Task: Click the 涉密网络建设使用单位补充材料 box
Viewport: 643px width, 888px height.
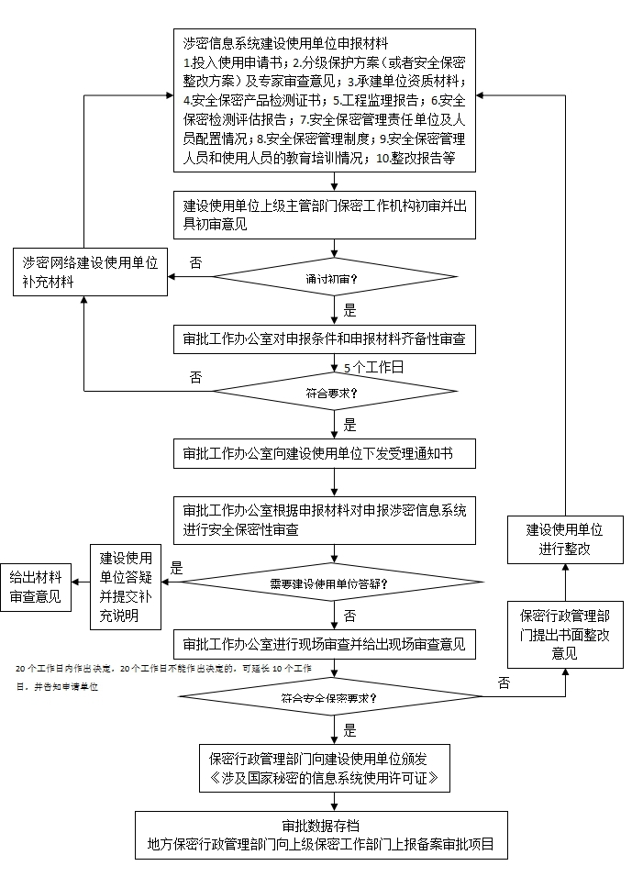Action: click(x=90, y=272)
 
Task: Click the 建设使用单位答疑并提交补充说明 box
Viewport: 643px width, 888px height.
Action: click(x=125, y=586)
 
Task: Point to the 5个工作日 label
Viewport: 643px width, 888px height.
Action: click(x=373, y=367)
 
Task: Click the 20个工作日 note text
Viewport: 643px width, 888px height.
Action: click(x=165, y=669)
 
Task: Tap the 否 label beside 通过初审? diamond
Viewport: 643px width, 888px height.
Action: click(x=195, y=262)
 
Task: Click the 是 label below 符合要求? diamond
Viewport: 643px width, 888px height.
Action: click(x=349, y=425)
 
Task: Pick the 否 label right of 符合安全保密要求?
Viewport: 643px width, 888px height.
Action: click(x=504, y=683)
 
